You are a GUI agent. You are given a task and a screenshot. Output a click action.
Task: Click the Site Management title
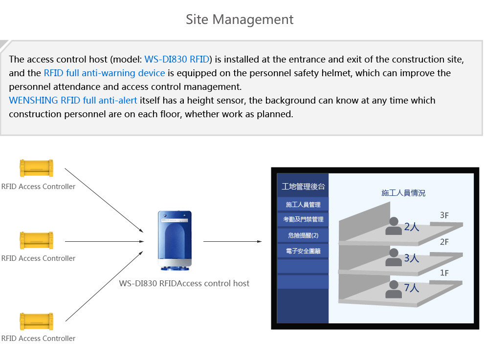point(240,20)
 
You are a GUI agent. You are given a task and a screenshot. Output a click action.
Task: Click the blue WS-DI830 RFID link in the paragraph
point(177,60)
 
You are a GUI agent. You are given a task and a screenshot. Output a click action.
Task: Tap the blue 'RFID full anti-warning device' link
point(104,73)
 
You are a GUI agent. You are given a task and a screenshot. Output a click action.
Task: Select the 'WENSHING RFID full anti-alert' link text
point(73,101)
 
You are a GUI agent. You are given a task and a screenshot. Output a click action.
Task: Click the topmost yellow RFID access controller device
point(36,168)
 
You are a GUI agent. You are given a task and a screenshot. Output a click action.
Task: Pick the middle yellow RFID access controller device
point(36,240)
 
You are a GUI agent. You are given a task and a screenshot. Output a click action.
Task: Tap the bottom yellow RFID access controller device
point(36,321)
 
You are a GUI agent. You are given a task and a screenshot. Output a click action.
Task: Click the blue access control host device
point(175,241)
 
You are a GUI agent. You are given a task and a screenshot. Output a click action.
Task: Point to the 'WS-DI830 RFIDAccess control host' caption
point(184,283)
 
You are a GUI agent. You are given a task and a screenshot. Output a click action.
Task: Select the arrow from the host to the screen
point(232,241)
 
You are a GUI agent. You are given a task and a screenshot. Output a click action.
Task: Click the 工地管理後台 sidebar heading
point(303,187)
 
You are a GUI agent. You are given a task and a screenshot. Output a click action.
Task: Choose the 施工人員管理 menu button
point(303,204)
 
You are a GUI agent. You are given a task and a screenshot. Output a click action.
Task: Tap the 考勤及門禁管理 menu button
point(303,220)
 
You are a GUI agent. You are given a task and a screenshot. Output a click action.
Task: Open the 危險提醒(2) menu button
point(303,235)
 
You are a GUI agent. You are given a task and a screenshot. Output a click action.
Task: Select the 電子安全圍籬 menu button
point(303,251)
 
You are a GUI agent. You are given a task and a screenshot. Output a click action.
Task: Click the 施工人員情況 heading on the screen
point(403,193)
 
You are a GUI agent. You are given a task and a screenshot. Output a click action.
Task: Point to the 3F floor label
point(444,215)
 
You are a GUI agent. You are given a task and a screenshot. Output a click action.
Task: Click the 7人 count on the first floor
point(412,288)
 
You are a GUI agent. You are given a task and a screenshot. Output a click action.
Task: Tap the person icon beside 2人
point(393,226)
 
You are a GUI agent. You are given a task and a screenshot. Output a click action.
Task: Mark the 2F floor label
point(444,242)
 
